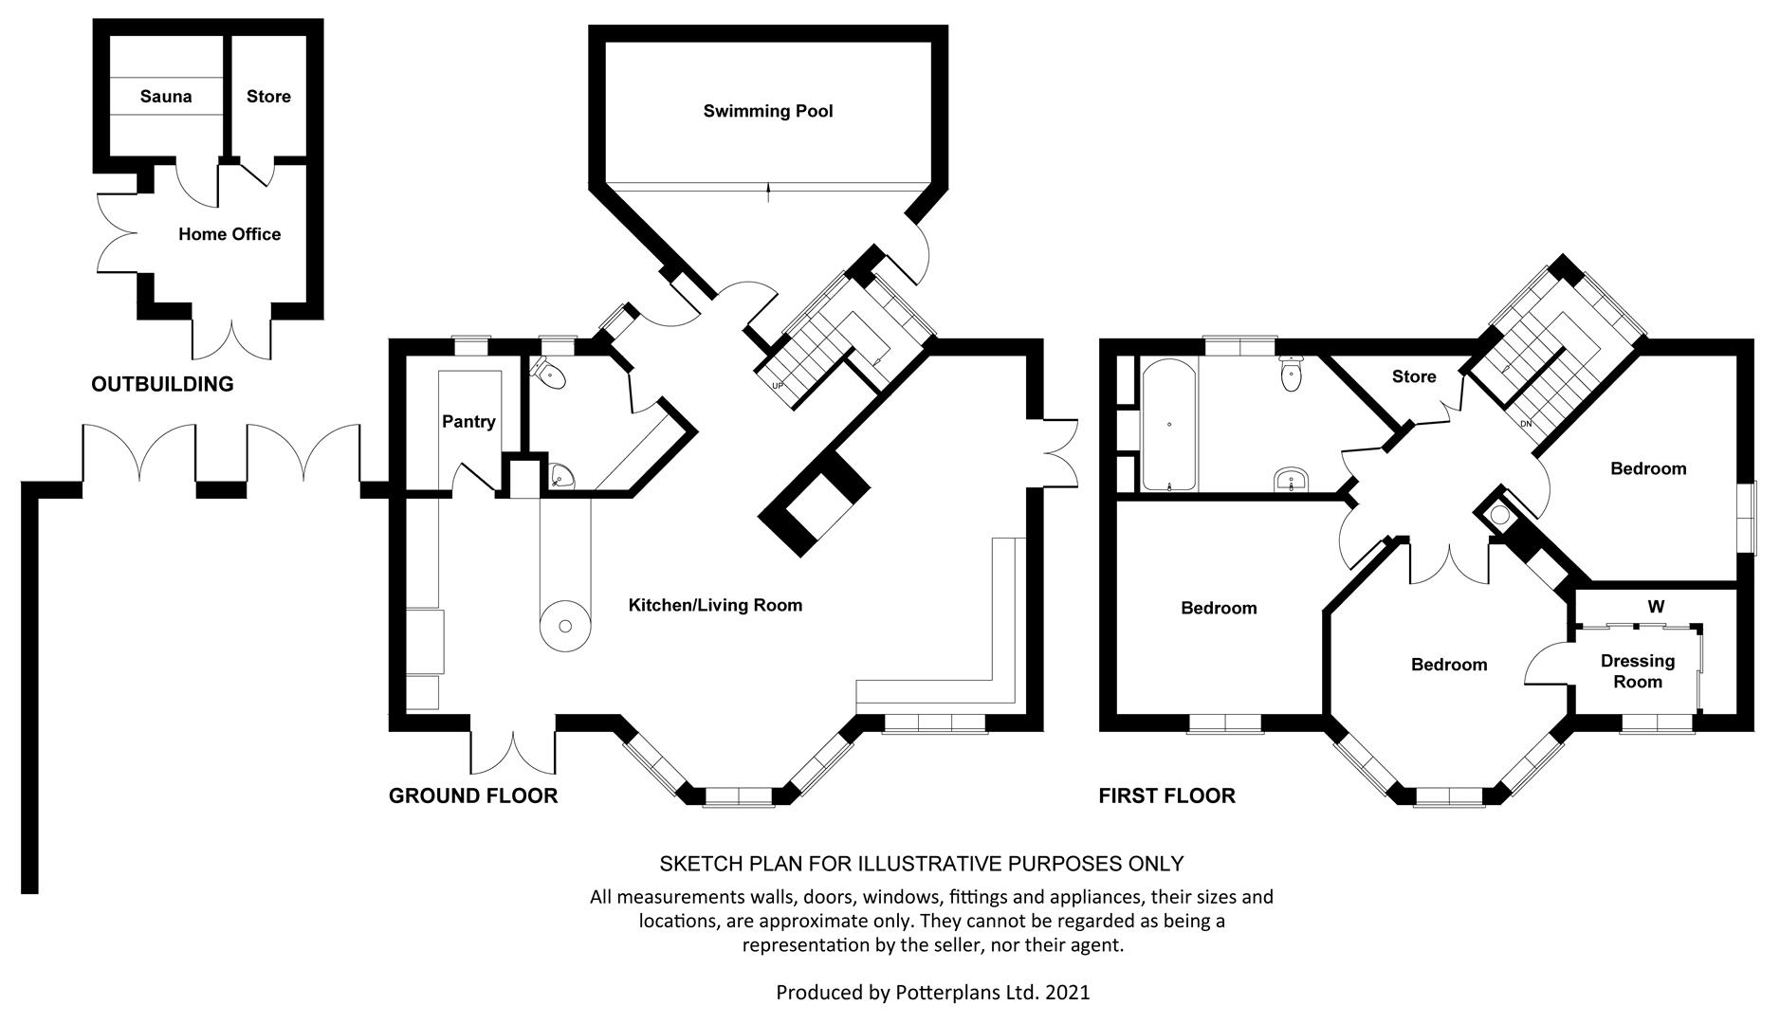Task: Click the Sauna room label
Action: pos(166,96)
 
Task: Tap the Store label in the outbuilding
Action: pos(268,96)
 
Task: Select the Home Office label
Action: pos(229,234)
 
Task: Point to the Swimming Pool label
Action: pos(768,111)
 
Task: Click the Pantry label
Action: pos(468,421)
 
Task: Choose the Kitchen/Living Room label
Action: pos(715,605)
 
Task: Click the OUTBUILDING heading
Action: pos(162,384)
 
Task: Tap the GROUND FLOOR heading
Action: pos(473,795)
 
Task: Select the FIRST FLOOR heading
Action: pos(1166,795)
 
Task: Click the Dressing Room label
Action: pos(1638,671)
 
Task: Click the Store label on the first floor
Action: pos(1414,376)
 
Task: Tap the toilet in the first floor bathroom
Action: pos(1291,376)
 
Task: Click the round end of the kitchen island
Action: pos(565,625)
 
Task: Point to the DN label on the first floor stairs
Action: pos(1525,424)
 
